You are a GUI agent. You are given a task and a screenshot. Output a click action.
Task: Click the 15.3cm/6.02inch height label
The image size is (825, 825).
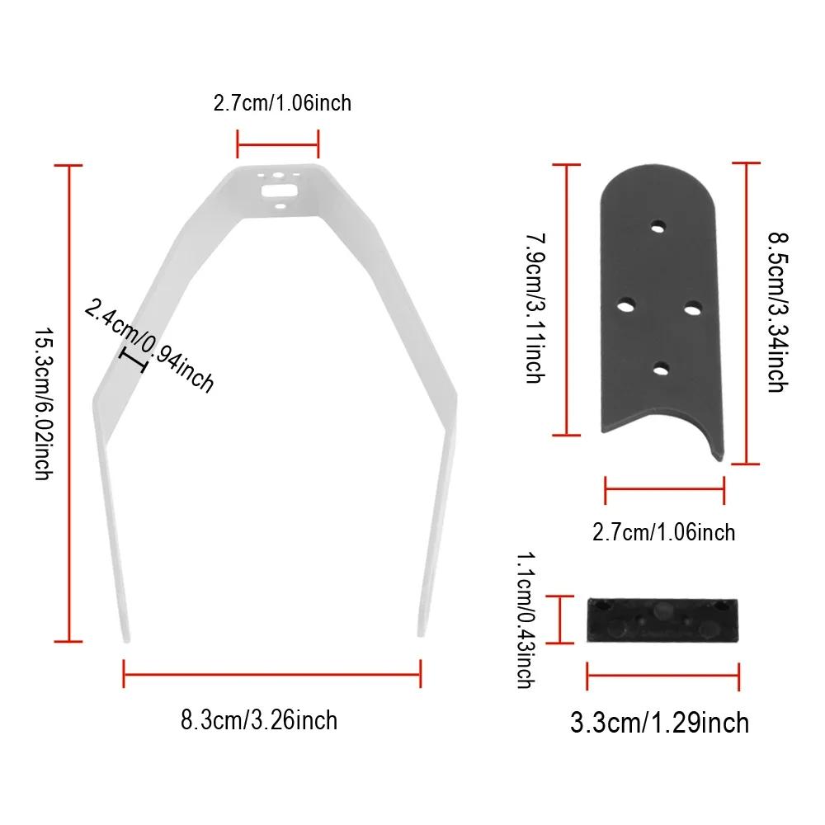pyautogui.click(x=43, y=403)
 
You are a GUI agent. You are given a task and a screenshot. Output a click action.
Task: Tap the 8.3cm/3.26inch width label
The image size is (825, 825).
pyautogui.click(x=259, y=720)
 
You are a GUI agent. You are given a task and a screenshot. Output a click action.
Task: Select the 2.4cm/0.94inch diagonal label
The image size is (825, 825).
pyautogui.click(x=149, y=346)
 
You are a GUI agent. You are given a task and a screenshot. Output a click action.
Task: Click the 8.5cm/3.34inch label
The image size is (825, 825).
pyautogui.click(x=777, y=312)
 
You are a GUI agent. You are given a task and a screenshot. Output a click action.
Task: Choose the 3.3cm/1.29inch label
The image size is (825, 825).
pyautogui.click(x=659, y=723)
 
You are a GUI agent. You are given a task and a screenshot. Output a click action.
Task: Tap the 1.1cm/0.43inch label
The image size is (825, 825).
pyautogui.click(x=526, y=620)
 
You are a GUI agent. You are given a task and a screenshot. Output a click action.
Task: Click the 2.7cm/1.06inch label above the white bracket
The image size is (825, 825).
pyautogui.click(x=282, y=103)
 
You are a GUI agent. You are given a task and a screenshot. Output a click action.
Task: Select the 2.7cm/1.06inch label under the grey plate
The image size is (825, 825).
pyautogui.click(x=663, y=532)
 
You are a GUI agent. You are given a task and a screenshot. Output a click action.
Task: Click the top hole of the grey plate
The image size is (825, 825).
pyautogui.click(x=658, y=228)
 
